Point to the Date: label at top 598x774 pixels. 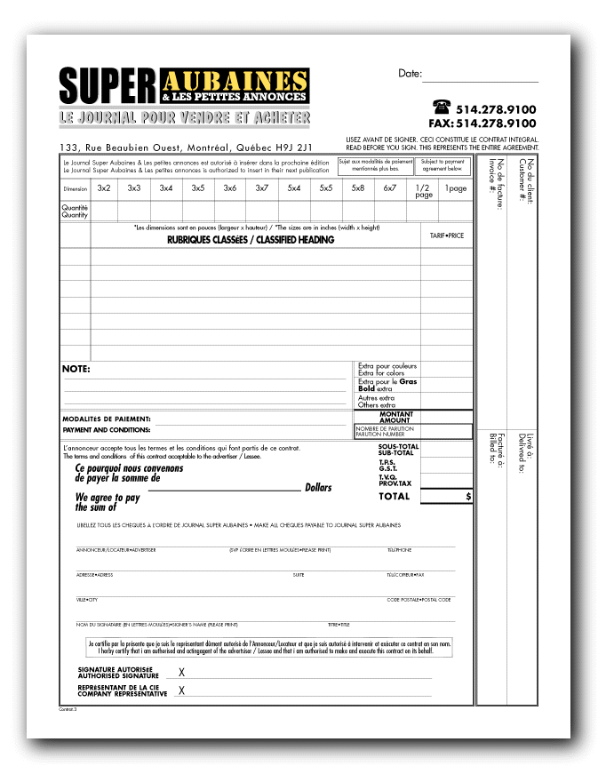tap(410, 73)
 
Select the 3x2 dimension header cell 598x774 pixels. tap(104, 188)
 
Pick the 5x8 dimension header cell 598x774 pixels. tap(357, 188)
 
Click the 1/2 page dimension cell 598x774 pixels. tap(423, 191)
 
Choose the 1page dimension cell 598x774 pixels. tap(456, 188)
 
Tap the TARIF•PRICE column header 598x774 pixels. tap(447, 235)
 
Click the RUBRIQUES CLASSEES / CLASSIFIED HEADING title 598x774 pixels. tap(251, 240)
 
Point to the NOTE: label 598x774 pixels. tap(76, 369)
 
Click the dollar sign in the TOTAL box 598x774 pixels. tap(468, 497)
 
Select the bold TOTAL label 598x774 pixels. tap(394, 497)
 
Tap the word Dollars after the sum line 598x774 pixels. tap(318, 488)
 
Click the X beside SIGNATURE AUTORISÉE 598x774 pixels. tap(182, 673)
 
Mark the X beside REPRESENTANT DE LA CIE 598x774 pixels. tap(182, 690)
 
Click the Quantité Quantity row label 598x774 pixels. tap(75, 211)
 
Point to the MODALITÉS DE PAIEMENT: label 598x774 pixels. tap(106, 419)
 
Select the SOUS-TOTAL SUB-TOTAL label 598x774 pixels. tap(396, 450)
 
